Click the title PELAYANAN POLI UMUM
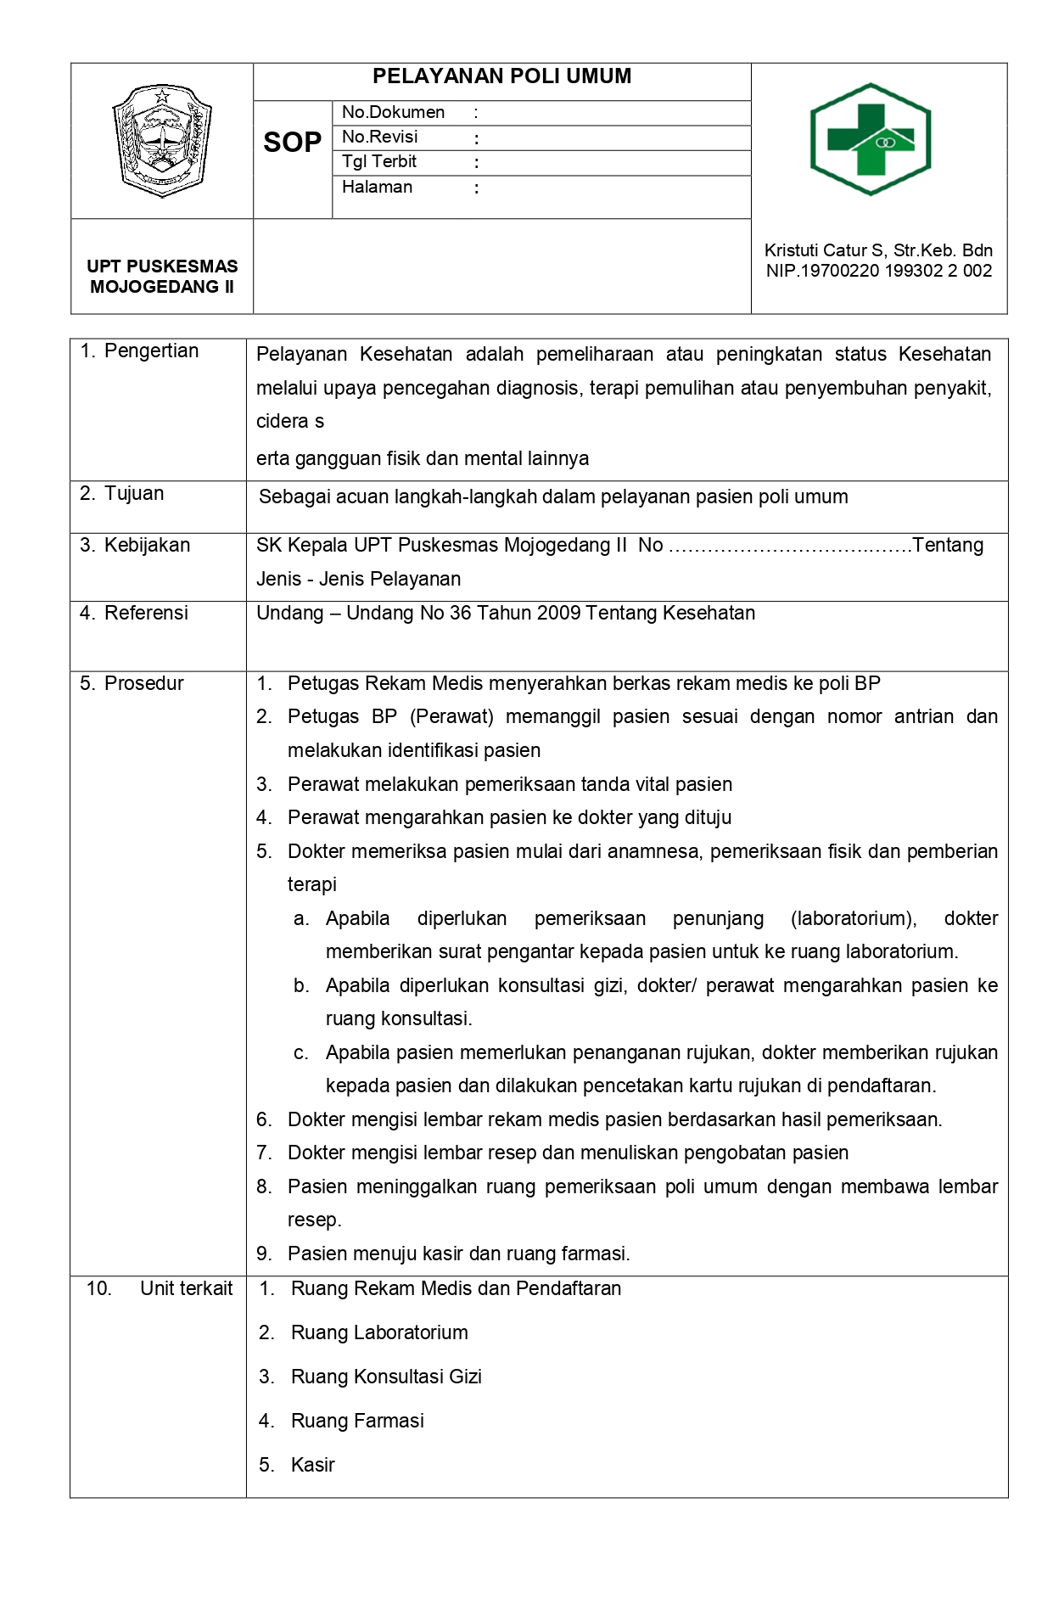click(x=501, y=76)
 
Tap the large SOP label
click(x=292, y=143)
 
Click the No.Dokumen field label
click(x=393, y=112)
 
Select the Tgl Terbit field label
click(x=378, y=162)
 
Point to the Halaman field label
click(x=377, y=188)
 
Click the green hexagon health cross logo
click(x=871, y=139)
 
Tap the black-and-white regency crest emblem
click(x=162, y=140)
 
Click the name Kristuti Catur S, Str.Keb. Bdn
click(x=878, y=250)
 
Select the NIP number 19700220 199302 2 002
click(x=878, y=271)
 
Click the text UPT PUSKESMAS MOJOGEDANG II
click(x=162, y=277)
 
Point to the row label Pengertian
click(x=151, y=351)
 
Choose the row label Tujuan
click(x=133, y=494)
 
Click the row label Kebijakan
click(x=147, y=545)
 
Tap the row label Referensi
click(x=146, y=613)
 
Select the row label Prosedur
click(x=143, y=683)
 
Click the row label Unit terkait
click(x=186, y=1288)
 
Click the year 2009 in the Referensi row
click(x=552, y=613)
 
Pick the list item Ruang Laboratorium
click(x=379, y=1332)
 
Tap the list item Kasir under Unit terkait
click(x=312, y=1465)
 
